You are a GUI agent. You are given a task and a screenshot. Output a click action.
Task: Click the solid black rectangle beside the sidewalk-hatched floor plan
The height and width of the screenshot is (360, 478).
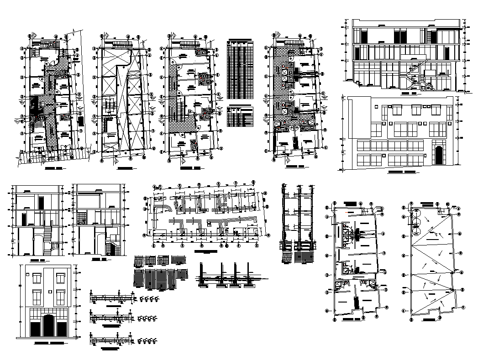click(x=81, y=120)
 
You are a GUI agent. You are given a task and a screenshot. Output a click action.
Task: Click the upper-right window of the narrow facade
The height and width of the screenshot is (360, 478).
click(x=60, y=278)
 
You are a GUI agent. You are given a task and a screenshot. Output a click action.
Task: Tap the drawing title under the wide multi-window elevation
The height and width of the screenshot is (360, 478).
click(x=402, y=173)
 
